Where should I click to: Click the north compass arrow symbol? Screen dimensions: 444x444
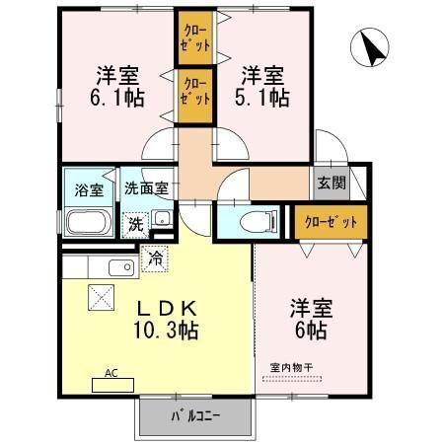tap(372, 49)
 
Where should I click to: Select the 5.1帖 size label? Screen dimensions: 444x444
tap(263, 98)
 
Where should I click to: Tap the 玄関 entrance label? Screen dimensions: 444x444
tap(331, 183)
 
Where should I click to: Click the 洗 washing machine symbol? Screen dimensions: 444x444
tap(135, 224)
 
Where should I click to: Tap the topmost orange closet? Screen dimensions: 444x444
tap(195, 39)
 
